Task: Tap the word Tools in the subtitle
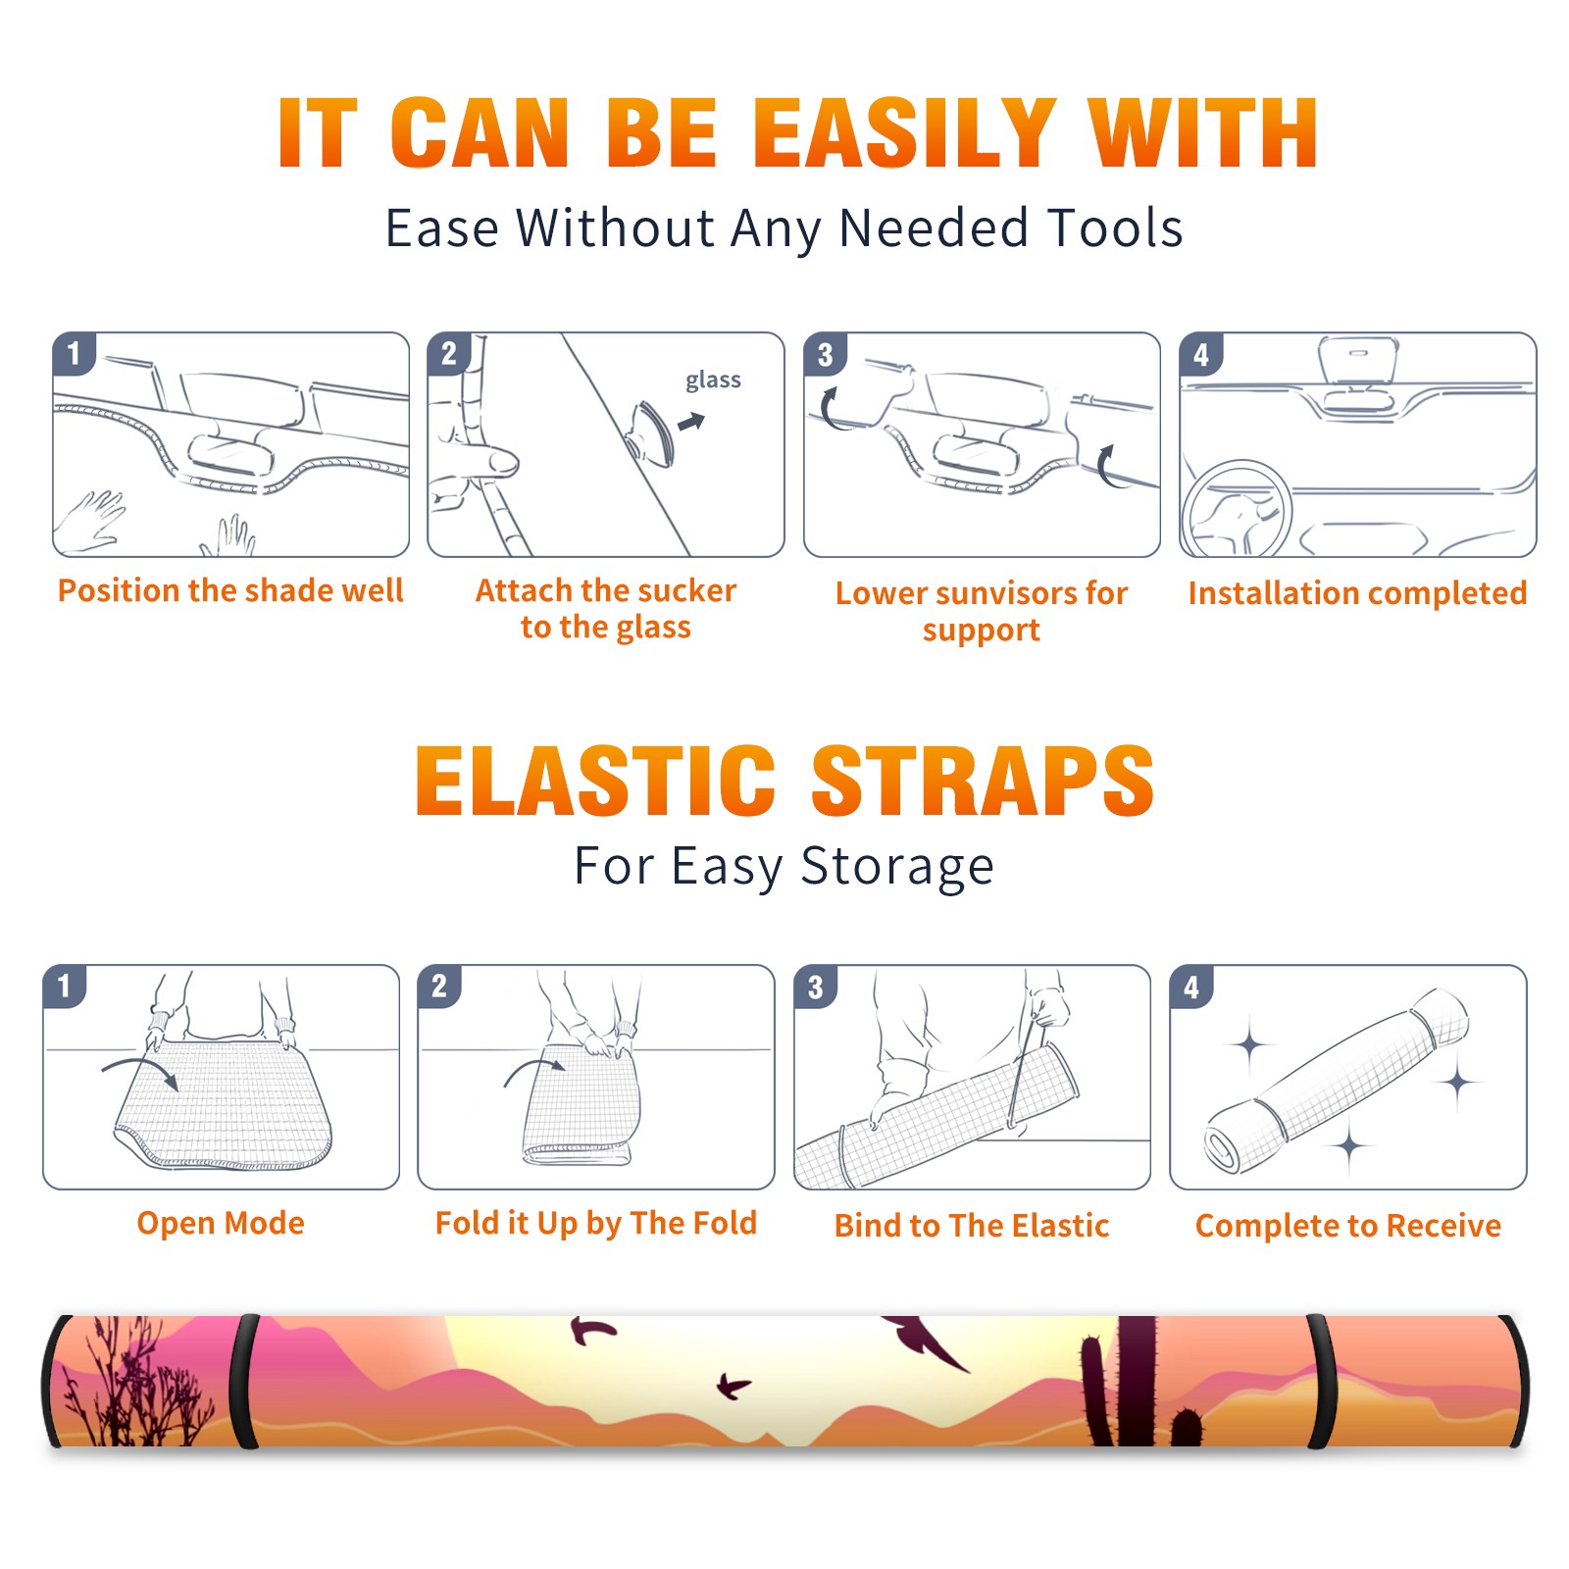pyautogui.click(x=1116, y=228)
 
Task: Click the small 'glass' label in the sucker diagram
pyautogui.click(x=713, y=380)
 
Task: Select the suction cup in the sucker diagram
pyautogui.click(x=650, y=432)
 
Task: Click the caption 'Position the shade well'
pyautogui.click(x=230, y=590)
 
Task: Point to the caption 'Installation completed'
pyautogui.click(x=1357, y=592)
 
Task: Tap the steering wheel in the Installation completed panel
pyautogui.click(x=1237, y=510)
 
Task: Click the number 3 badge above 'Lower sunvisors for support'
pyautogui.click(x=825, y=354)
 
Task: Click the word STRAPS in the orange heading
pyautogui.click(x=983, y=781)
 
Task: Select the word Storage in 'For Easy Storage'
pyautogui.click(x=897, y=867)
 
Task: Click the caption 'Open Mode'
pyautogui.click(x=221, y=1223)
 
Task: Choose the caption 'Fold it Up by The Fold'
pyautogui.click(x=596, y=1223)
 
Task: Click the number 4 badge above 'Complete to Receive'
pyautogui.click(x=1191, y=987)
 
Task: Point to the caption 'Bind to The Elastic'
pyautogui.click(x=972, y=1226)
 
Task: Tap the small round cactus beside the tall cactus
pyautogui.click(x=1187, y=1427)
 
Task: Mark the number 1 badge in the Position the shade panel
pyautogui.click(x=74, y=352)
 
